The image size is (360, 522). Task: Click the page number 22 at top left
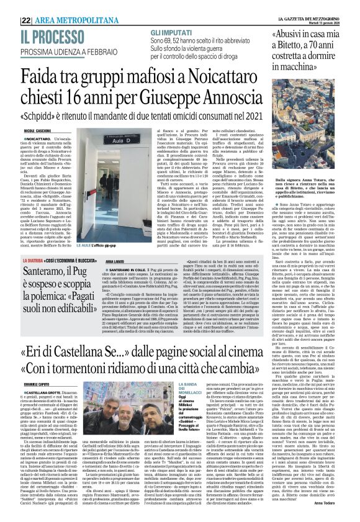[x=9, y=20]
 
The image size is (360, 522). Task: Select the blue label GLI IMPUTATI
[x=170, y=31]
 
